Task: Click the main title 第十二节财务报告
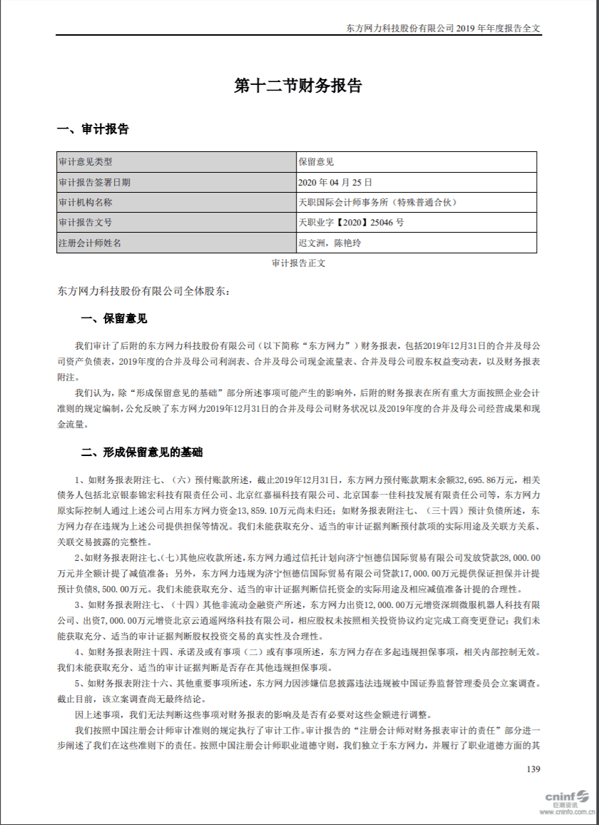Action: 299,86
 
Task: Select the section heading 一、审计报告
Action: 93,130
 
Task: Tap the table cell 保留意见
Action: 316,162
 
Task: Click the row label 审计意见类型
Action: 85,162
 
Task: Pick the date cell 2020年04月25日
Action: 335,182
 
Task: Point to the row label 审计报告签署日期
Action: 95,182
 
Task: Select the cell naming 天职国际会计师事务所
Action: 377,202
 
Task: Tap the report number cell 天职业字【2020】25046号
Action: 351,223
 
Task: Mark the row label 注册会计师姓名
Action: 90,243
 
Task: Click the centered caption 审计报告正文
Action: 299,263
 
